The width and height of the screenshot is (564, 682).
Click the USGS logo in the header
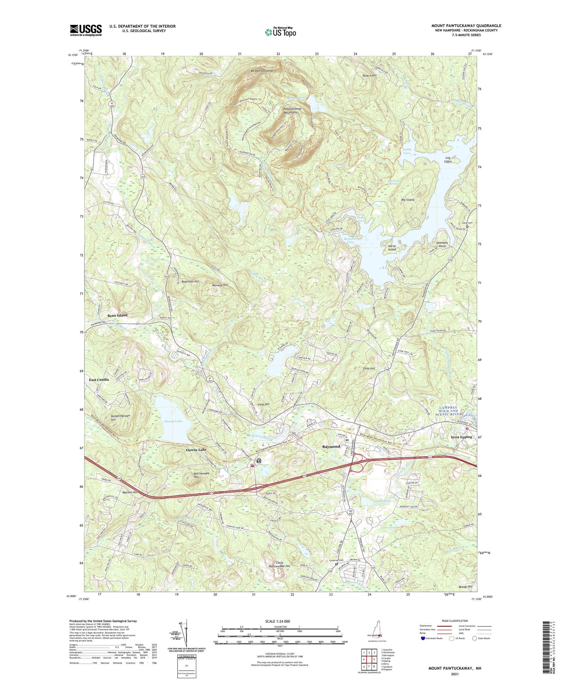pyautogui.click(x=86, y=30)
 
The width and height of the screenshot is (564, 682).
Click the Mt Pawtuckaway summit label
pyautogui.click(x=259, y=71)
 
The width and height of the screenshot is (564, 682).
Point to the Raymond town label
pyautogui.click(x=331, y=447)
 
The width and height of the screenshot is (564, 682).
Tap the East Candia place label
pyautogui.click(x=99, y=380)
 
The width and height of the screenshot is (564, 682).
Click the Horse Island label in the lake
pyautogui.click(x=392, y=248)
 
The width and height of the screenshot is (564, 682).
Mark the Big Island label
pyautogui.click(x=408, y=200)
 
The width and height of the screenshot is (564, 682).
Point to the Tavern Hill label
pyautogui.click(x=369, y=76)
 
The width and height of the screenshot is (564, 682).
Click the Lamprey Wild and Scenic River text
pyautogui.click(x=455, y=411)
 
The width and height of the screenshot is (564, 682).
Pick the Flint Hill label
pyautogui.click(x=369, y=368)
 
